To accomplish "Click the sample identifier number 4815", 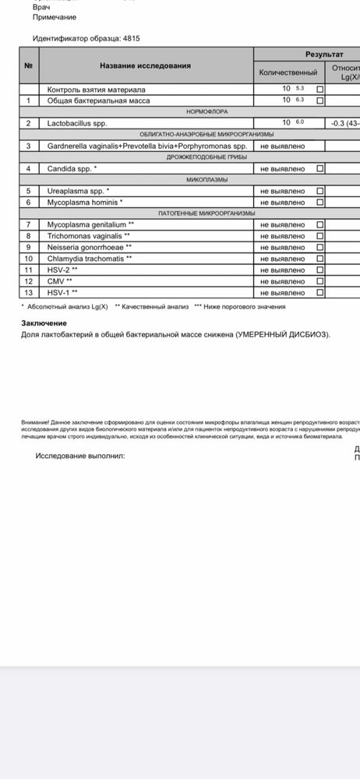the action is pos(132,37).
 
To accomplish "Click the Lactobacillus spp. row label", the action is pos(78,123).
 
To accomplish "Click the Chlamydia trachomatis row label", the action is pos(90,259).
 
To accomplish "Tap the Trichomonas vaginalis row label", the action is pos(89,236).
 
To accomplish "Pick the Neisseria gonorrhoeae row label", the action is pos(90,247).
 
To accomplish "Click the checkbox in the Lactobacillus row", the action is pos(320,123).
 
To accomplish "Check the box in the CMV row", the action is pos(320,281).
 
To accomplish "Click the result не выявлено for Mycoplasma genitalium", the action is pos(282,225).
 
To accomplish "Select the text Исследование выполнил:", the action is pos(80,456).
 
